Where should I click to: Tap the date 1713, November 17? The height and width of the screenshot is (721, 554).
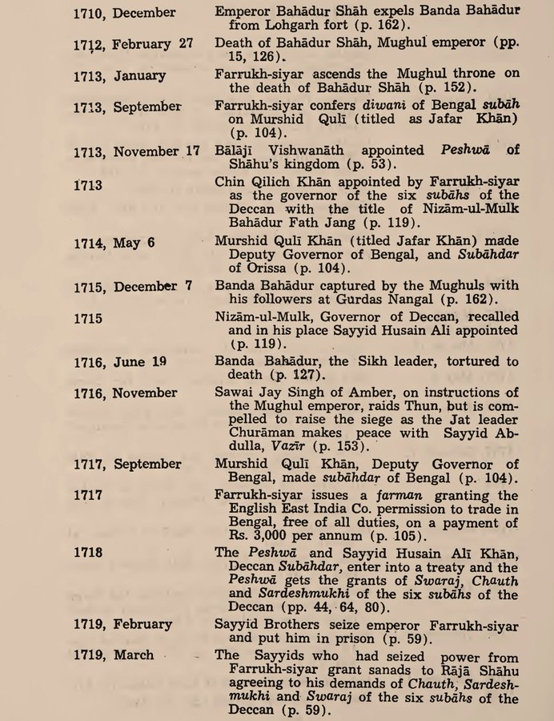pyautogui.click(x=134, y=151)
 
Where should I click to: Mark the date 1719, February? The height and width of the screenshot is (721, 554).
pyautogui.click(x=122, y=624)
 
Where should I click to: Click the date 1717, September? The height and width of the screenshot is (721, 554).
pyautogui.click(x=126, y=465)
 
